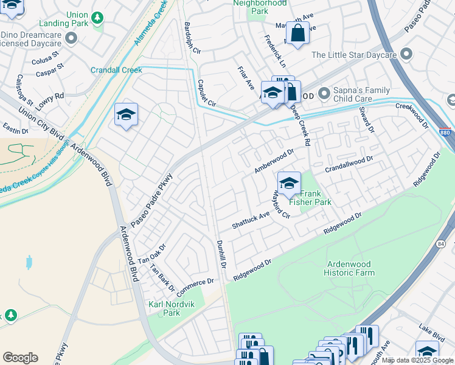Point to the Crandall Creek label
(x=116, y=70)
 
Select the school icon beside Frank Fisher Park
(x=289, y=182)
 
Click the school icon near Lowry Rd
(x=126, y=114)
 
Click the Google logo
(x=20, y=358)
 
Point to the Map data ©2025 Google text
(x=418, y=360)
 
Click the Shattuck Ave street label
(x=251, y=220)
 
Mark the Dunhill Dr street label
(x=221, y=254)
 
